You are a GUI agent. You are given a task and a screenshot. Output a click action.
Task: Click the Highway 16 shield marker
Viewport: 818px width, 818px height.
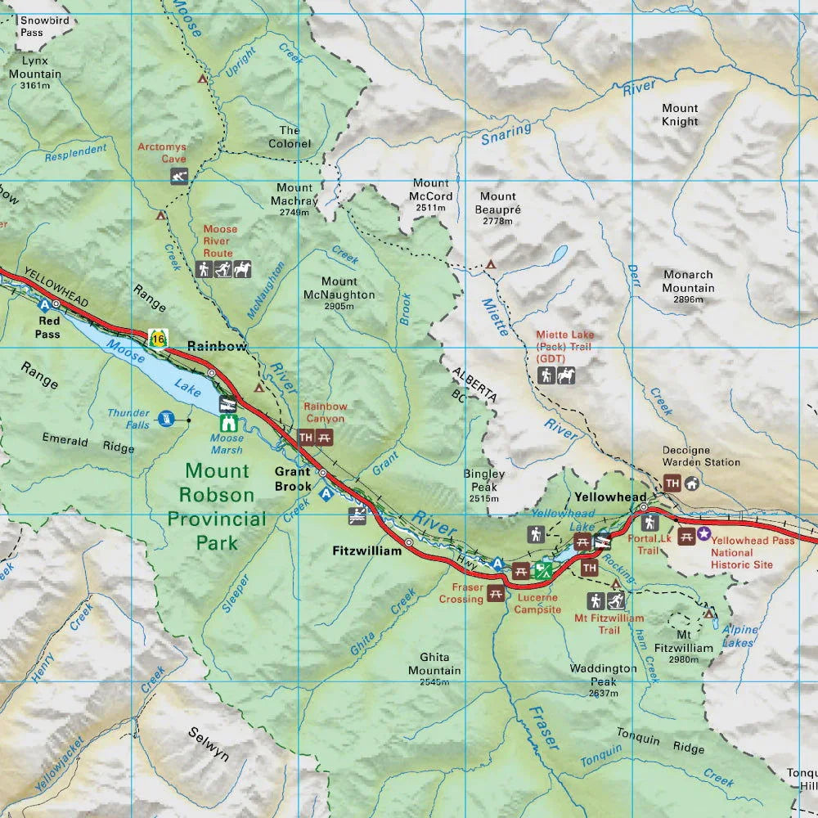click(x=157, y=337)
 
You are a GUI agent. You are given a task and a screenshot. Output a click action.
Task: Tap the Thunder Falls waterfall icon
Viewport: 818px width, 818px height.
click(x=167, y=419)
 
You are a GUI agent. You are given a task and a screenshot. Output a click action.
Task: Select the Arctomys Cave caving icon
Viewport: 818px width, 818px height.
click(x=180, y=176)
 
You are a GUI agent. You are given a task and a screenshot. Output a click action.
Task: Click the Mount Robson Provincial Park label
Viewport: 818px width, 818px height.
click(x=217, y=506)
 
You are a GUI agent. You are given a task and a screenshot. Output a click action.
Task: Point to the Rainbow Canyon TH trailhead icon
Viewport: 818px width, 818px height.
click(x=307, y=438)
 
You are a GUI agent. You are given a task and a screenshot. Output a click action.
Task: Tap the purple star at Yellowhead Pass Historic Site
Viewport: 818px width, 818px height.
click(x=703, y=533)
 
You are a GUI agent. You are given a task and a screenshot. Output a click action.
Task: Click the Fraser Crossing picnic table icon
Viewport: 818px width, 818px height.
click(x=496, y=594)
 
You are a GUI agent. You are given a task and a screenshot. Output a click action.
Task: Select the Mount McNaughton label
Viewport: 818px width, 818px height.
click(x=339, y=288)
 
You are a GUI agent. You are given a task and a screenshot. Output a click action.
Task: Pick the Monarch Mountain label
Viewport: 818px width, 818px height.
click(x=688, y=282)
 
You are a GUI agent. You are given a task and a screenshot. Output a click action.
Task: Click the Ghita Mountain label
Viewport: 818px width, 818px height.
click(x=440, y=664)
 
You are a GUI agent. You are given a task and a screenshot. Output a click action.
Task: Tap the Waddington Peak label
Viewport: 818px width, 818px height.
click(x=603, y=675)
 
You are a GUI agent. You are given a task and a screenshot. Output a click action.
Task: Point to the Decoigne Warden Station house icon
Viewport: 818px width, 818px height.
click(x=692, y=483)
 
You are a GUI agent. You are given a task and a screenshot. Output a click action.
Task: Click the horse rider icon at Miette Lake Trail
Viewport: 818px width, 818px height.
click(x=566, y=375)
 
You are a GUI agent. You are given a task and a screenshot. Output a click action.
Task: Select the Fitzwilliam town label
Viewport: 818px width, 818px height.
click(x=366, y=551)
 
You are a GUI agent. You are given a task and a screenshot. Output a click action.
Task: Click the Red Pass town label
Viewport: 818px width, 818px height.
click(x=47, y=328)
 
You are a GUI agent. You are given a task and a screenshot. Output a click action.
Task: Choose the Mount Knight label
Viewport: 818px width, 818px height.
click(x=680, y=115)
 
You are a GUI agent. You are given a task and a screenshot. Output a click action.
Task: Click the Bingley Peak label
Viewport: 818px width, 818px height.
click(x=484, y=480)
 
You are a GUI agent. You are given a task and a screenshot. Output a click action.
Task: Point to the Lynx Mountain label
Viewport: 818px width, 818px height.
click(x=35, y=67)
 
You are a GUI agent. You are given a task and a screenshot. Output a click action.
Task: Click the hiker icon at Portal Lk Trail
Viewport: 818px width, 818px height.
click(x=650, y=521)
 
